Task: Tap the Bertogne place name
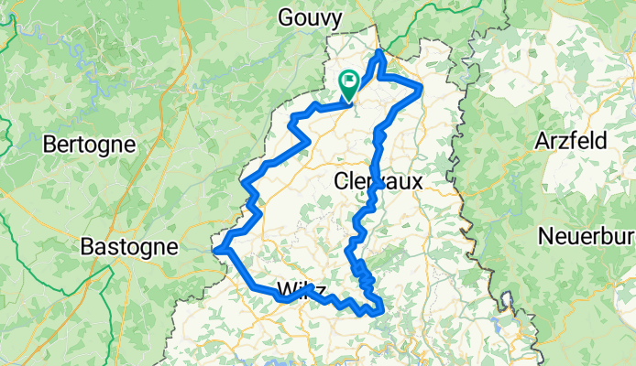(89, 145)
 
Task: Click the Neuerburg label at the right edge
(586, 234)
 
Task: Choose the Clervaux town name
(378, 181)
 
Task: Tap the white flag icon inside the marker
(350, 81)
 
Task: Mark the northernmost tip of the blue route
(380, 52)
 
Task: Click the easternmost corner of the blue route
(421, 89)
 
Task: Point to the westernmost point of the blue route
(215, 247)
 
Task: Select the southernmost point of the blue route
(373, 314)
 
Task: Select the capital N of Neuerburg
(544, 234)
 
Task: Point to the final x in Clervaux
(417, 181)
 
